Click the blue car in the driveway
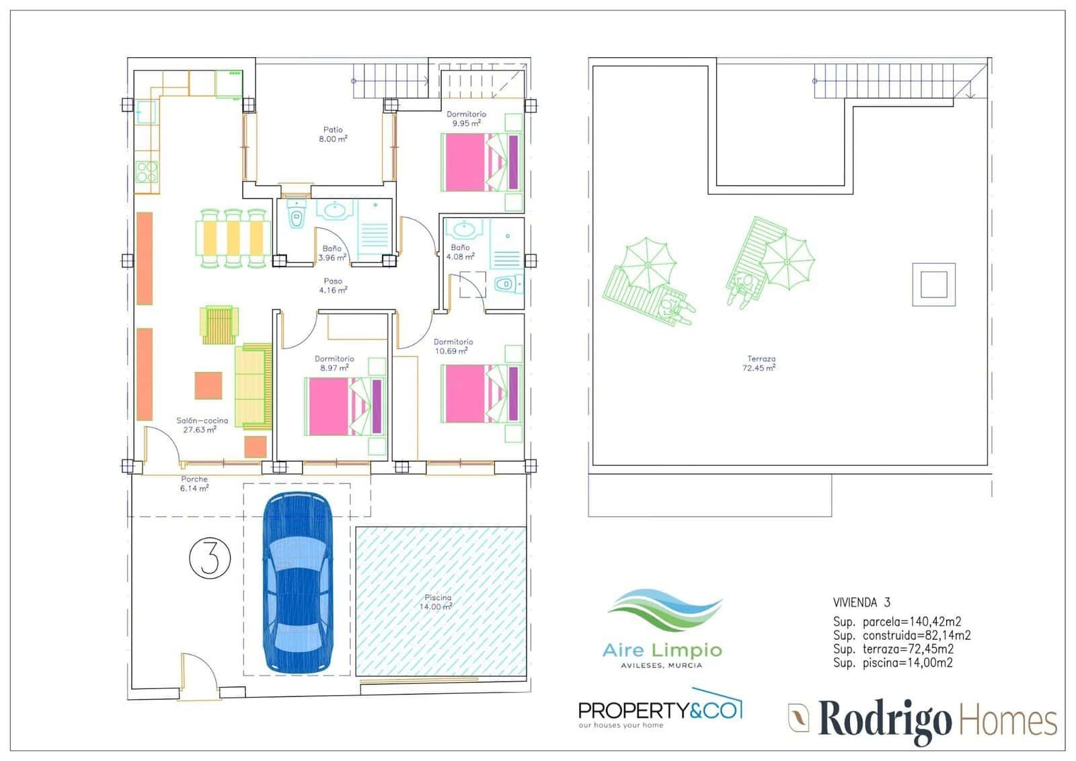point(297,583)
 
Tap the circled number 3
point(210,558)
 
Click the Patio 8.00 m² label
point(333,134)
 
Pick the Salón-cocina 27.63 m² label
point(202,425)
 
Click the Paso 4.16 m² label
point(333,285)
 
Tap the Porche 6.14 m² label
point(194,484)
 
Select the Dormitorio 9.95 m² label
point(466,118)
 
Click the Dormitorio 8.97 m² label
point(334,363)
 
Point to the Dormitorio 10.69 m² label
point(453,346)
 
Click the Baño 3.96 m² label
point(332,253)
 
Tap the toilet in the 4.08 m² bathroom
point(508,284)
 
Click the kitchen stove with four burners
point(147,172)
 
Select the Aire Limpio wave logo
point(665,610)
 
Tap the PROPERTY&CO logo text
point(660,710)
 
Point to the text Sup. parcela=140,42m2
point(897,622)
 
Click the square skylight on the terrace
point(934,285)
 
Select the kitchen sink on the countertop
point(146,112)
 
